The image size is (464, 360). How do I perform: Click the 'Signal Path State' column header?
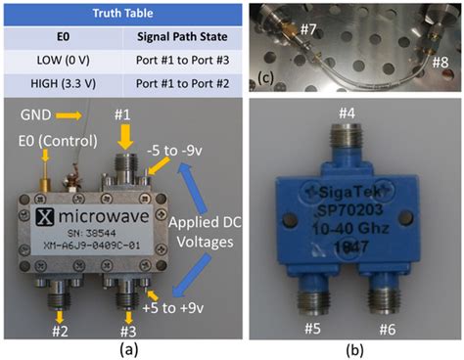coord(180,37)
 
